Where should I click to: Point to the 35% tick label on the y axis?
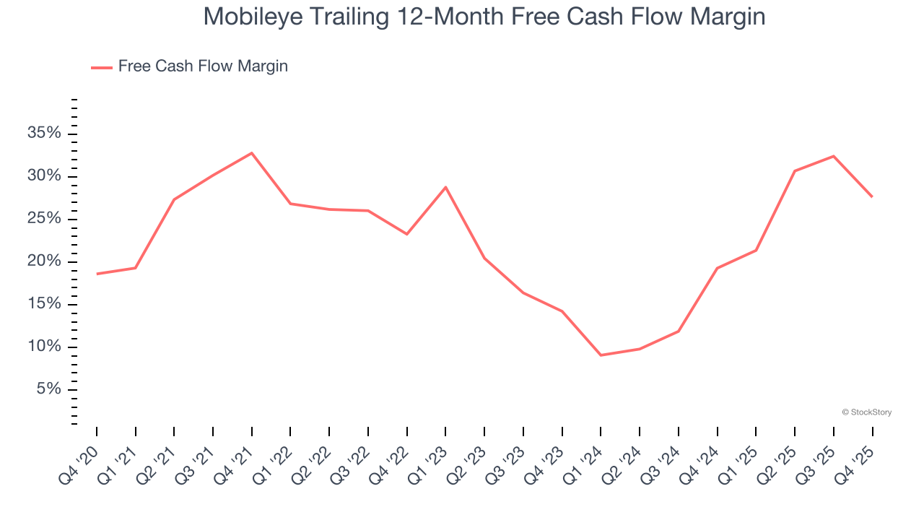tap(43, 134)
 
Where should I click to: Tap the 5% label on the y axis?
tap(48, 390)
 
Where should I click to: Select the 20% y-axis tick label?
tap(43, 261)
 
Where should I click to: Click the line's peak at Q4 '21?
tap(252, 153)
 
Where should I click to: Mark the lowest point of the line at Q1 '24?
tap(601, 355)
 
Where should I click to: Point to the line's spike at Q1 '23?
tap(445, 187)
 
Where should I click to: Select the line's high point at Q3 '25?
tap(834, 156)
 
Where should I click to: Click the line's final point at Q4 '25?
tap(872, 196)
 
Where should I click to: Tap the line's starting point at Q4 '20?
tap(97, 274)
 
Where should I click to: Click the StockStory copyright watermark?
tap(866, 412)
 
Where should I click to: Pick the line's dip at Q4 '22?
tap(407, 234)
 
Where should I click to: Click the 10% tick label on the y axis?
tap(43, 347)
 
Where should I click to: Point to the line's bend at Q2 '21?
tap(174, 199)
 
